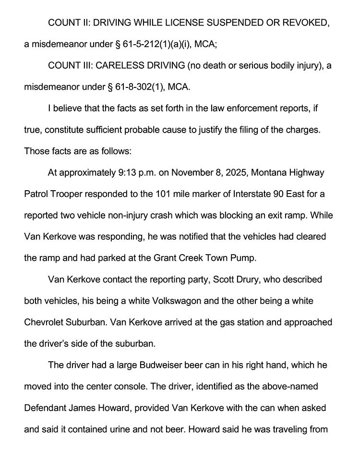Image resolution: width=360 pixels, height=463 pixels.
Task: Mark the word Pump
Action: pyautogui.click(x=245, y=258)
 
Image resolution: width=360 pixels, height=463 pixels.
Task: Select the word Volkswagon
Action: pyautogui.click(x=175, y=301)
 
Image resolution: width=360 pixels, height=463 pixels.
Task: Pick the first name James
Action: pyautogui.click(x=79, y=408)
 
